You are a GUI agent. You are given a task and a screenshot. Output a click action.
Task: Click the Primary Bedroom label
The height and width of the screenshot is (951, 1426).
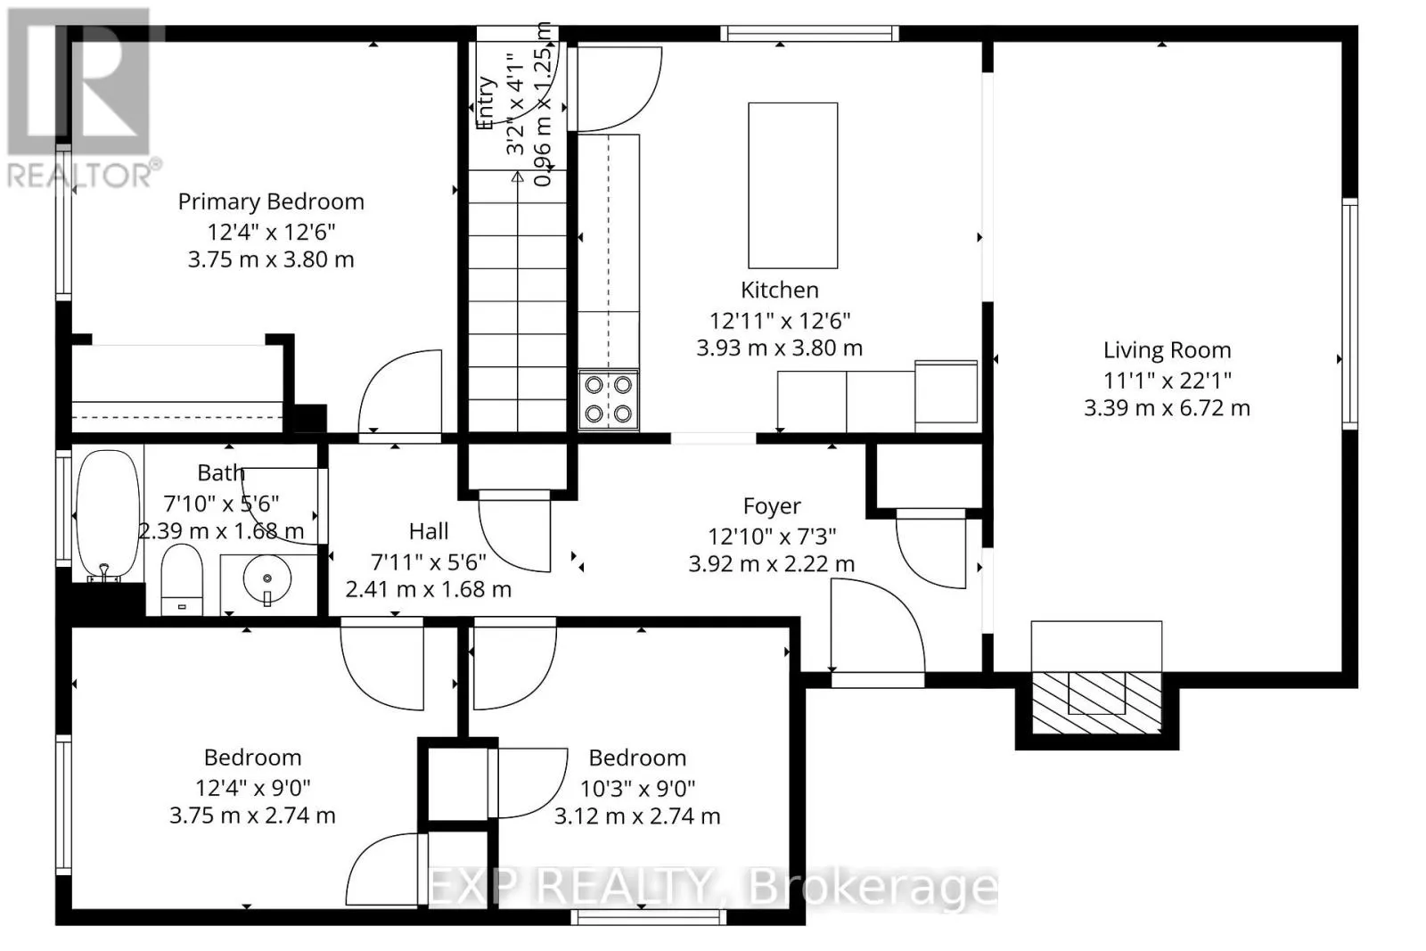[x=271, y=201]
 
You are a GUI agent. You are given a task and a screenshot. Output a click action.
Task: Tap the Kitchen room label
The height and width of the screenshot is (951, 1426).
[x=779, y=290]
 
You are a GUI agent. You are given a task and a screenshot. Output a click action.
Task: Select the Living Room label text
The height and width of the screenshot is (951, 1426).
[x=1167, y=350]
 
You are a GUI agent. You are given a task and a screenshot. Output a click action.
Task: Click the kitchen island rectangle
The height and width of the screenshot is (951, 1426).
[x=792, y=184]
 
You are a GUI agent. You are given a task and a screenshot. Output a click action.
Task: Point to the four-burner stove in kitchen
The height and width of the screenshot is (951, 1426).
[x=609, y=399]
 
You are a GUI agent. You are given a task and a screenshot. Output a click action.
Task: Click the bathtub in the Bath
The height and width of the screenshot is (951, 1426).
[x=108, y=515]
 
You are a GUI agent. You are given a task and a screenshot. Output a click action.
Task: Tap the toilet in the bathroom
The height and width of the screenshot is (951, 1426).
[x=183, y=579]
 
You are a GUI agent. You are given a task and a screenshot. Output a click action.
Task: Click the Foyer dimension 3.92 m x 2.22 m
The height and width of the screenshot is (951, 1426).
[x=771, y=564]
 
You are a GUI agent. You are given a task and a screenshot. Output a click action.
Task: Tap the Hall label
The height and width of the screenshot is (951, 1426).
[x=428, y=531]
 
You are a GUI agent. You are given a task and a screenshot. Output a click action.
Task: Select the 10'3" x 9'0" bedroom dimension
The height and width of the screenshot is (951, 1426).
[x=637, y=788]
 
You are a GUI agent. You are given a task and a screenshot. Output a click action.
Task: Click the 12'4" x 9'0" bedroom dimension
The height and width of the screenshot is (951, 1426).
[x=253, y=788]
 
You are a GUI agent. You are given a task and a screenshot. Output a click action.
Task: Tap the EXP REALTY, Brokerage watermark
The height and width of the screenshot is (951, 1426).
[x=713, y=887]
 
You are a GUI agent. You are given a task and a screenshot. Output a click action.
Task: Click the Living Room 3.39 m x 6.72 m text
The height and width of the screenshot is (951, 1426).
[x=1167, y=408]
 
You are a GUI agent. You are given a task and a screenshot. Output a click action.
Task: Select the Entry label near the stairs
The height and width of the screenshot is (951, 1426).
[x=486, y=102]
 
